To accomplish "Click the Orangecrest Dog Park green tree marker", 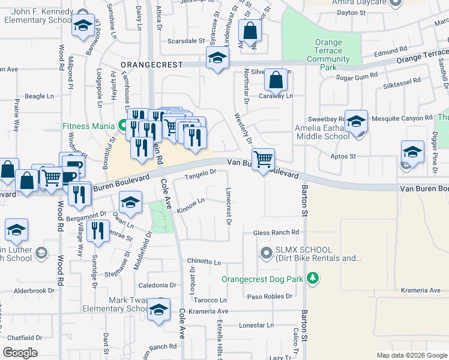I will pos(312,278).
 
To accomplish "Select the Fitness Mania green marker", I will pos(122,126).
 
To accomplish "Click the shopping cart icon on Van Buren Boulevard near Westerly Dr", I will pos(263,160).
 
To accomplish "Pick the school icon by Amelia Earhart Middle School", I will pos(356,121).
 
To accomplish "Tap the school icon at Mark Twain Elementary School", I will pos(158,310).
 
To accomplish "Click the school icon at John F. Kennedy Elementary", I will pos(82,26).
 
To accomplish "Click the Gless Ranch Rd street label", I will pos(276,232).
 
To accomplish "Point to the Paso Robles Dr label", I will pos(270,296).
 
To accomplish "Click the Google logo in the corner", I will pos(20,352).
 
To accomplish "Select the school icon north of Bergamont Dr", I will pos(130,202).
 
